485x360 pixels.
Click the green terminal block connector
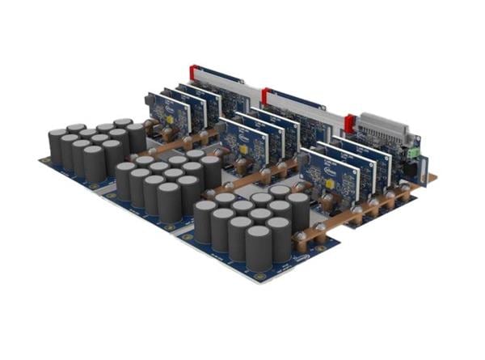click(414, 151)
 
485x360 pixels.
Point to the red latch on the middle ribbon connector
click(266, 97)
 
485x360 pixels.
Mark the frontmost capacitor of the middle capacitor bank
click(169, 204)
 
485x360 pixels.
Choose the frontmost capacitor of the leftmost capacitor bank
click(95, 164)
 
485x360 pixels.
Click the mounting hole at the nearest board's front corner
click(259, 277)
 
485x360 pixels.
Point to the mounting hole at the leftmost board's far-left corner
click(42, 159)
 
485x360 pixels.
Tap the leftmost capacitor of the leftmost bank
click(57, 146)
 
